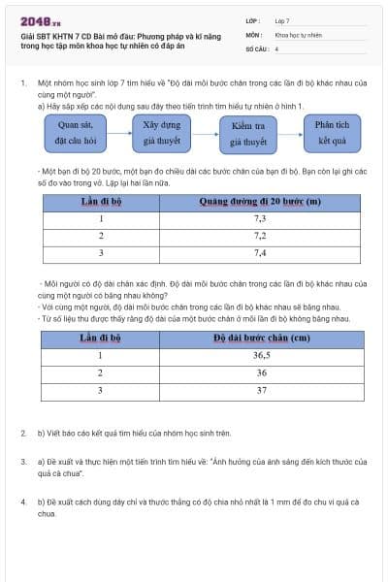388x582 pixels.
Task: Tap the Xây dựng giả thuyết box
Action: (x=163, y=132)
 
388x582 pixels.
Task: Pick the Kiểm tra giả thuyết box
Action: (x=248, y=133)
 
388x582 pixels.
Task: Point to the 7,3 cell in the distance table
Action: (x=260, y=219)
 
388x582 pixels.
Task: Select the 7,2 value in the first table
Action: (x=260, y=236)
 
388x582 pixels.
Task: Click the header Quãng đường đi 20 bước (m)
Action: (x=260, y=202)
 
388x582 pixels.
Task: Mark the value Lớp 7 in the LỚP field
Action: (x=282, y=20)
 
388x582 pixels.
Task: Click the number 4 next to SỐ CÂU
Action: (x=276, y=48)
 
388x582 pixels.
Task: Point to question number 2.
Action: (x=23, y=433)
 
